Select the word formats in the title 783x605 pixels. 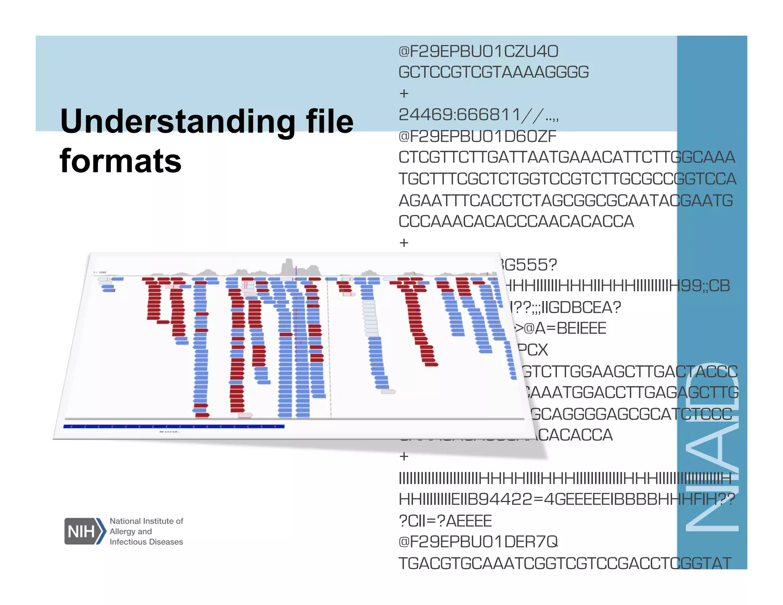click(120, 161)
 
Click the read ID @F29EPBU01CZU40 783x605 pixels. click(478, 52)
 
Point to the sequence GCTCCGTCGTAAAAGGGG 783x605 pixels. click(493, 72)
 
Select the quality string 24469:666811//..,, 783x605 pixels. click(478, 115)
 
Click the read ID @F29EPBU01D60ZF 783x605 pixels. click(477, 137)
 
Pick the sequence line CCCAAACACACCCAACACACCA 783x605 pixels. click(516, 222)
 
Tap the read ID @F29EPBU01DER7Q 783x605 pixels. click(478, 542)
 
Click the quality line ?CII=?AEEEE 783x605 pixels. click(445, 521)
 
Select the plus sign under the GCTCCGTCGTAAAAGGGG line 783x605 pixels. click(404, 93)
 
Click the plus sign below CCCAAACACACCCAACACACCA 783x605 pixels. click(404, 243)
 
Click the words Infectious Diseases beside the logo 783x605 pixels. click(146, 542)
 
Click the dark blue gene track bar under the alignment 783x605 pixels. click(174, 426)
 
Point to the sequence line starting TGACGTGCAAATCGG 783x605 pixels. click(565, 563)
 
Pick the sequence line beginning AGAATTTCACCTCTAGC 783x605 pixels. click(565, 201)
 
